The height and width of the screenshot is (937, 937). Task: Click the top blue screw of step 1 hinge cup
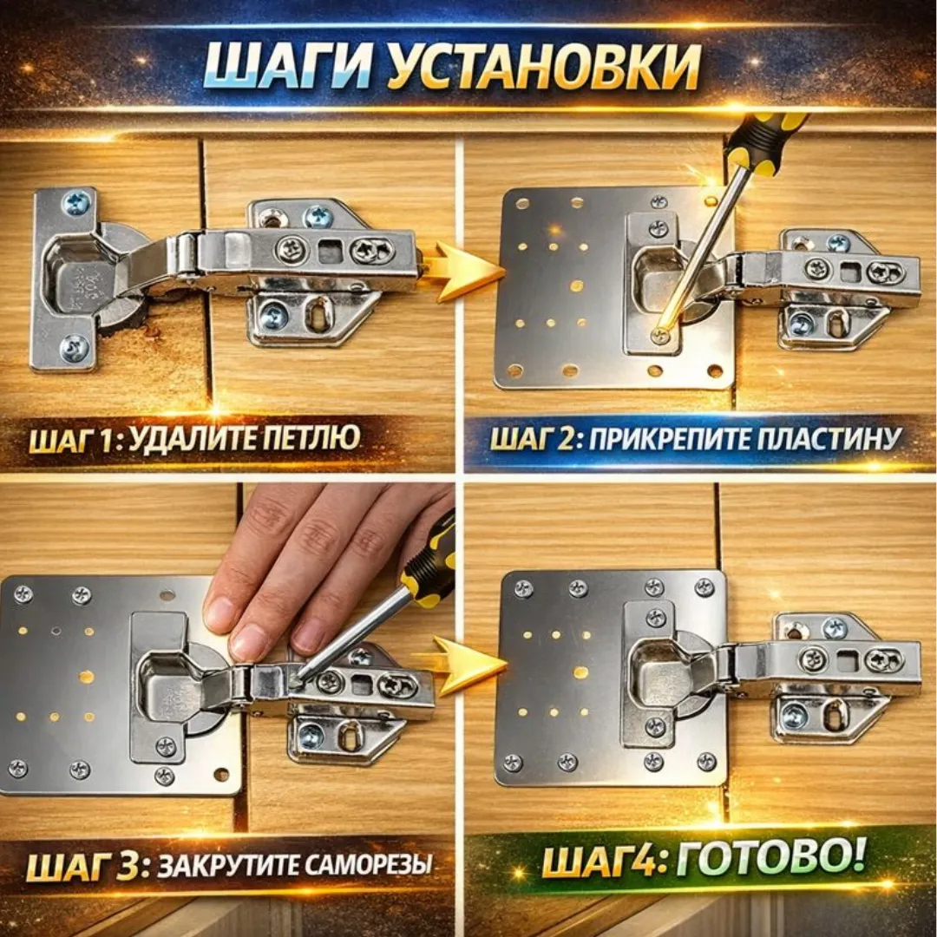(76, 204)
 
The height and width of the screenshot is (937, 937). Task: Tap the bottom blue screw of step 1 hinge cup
(75, 349)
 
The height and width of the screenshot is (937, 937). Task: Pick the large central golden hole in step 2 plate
(576, 285)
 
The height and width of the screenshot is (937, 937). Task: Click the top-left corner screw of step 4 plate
(523, 589)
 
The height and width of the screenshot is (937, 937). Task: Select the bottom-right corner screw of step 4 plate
(706, 762)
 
